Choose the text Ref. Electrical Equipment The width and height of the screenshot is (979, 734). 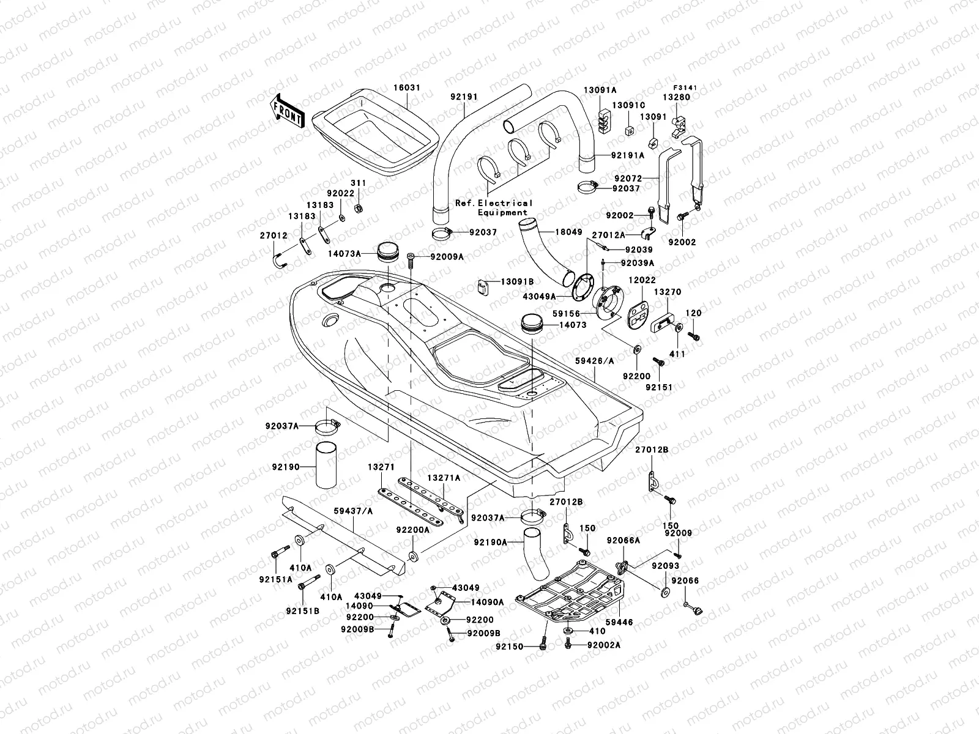tap(493, 207)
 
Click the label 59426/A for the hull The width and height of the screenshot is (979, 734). tap(594, 361)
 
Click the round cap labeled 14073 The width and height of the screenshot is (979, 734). tap(532, 323)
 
